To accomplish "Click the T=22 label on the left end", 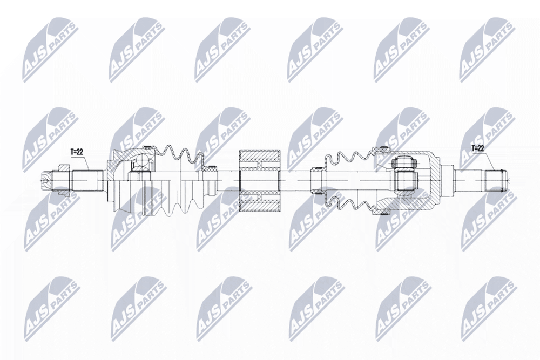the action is click(77, 152).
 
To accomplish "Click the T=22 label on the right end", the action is click(478, 148).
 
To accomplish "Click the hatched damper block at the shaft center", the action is click(260, 181).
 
